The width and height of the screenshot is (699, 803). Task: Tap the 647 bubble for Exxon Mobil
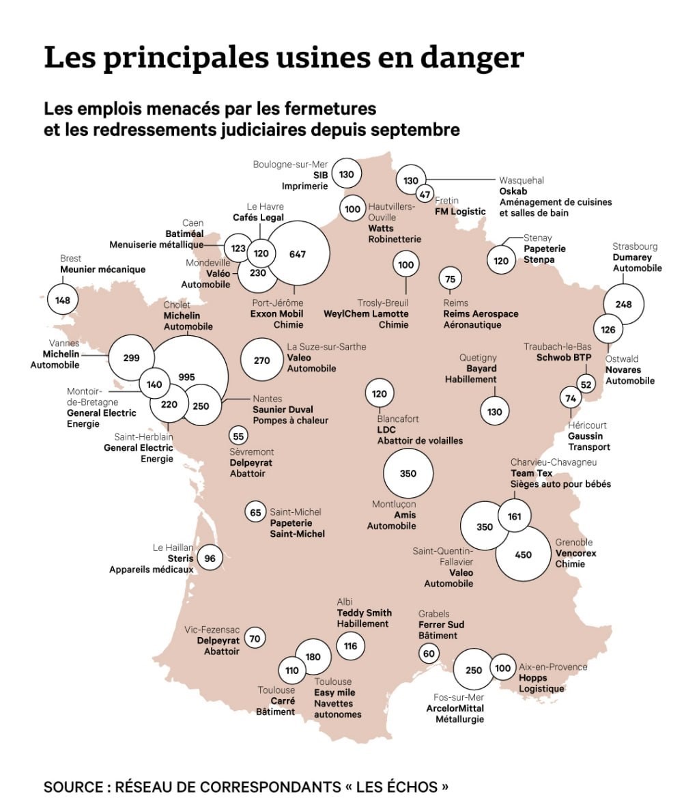click(x=298, y=254)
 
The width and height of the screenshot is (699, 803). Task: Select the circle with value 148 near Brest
click(x=63, y=300)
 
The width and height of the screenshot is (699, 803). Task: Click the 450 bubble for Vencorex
click(x=523, y=554)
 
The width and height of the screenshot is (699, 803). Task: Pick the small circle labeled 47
click(x=425, y=194)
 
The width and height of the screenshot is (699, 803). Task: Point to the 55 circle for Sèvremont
click(x=238, y=436)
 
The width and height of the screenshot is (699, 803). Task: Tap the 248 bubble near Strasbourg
click(x=624, y=305)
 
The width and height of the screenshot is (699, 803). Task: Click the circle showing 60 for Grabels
click(x=429, y=653)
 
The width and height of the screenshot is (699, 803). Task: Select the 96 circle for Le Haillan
click(x=210, y=558)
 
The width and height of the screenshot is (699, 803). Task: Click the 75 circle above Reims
click(x=450, y=279)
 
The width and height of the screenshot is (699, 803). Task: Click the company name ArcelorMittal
click(x=455, y=708)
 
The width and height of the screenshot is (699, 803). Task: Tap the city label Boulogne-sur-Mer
click(x=290, y=165)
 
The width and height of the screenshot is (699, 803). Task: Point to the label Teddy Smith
click(x=365, y=612)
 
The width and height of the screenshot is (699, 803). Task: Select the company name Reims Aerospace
click(x=481, y=314)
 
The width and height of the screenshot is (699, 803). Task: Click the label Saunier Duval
click(x=283, y=410)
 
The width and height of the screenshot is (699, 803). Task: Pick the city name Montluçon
click(x=394, y=505)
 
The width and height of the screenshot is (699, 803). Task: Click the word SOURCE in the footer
click(x=71, y=787)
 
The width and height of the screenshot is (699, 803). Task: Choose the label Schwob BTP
click(x=564, y=357)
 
